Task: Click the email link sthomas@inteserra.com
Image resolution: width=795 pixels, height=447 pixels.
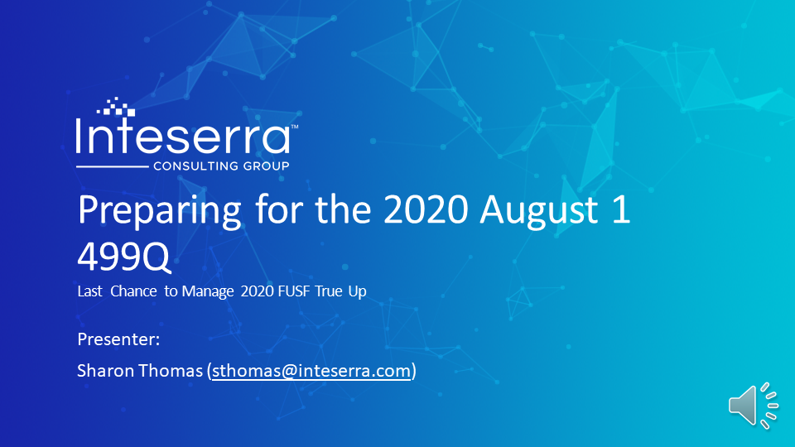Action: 311,371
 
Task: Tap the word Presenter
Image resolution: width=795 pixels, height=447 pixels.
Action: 118,339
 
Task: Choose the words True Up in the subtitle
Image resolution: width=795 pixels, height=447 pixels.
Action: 340,292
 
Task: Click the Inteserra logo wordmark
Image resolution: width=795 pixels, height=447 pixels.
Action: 182,137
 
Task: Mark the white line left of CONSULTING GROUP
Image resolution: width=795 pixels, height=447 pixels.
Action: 112,166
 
